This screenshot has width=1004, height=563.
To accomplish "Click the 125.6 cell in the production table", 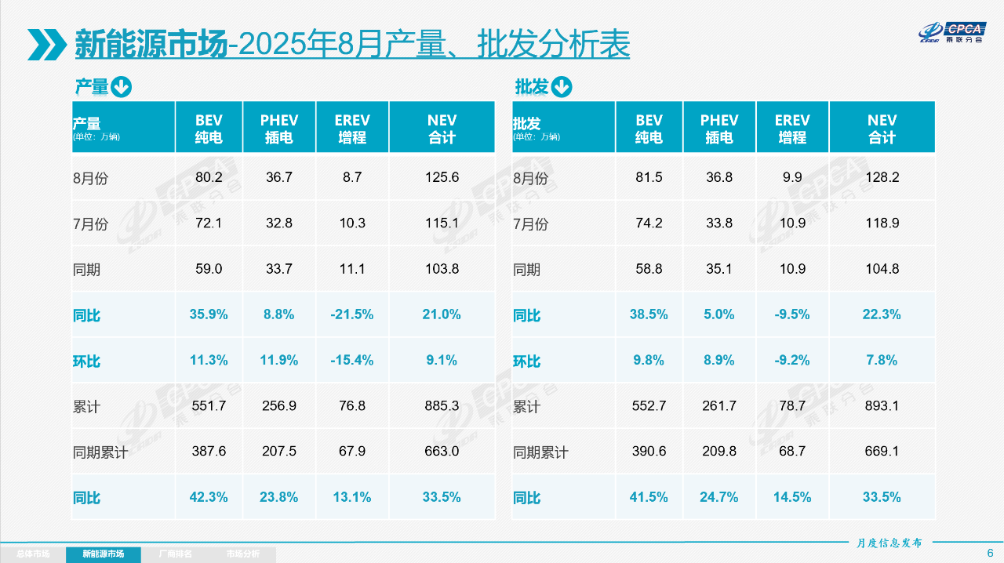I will pyautogui.click(x=442, y=177).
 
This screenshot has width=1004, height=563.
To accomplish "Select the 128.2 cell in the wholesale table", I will pyautogui.click(x=882, y=177).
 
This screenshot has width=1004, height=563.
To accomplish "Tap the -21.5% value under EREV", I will pyautogui.click(x=352, y=314).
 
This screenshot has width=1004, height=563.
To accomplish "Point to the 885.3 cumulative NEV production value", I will pyautogui.click(x=442, y=406).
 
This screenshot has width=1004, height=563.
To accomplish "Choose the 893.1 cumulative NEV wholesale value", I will pyautogui.click(x=882, y=406).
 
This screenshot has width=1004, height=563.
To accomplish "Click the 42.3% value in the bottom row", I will pyautogui.click(x=209, y=497).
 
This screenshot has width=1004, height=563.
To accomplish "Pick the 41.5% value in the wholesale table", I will pyautogui.click(x=649, y=497).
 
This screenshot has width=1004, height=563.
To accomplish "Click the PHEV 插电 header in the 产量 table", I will pyautogui.click(x=279, y=129).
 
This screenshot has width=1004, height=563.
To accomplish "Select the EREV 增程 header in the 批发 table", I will pyautogui.click(x=792, y=129).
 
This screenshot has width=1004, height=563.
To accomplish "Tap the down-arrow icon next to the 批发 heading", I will pyautogui.click(x=562, y=87).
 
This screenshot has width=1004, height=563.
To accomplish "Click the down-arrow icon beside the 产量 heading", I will pyautogui.click(x=121, y=87).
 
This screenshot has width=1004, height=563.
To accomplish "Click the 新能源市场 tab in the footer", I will pyautogui.click(x=104, y=554).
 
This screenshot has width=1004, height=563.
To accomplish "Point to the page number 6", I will pyautogui.click(x=990, y=553).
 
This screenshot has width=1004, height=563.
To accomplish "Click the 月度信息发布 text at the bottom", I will pyautogui.click(x=889, y=543).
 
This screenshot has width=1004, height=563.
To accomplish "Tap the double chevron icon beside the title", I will pyautogui.click(x=46, y=45).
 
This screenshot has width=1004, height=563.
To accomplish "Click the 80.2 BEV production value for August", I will pyautogui.click(x=209, y=177).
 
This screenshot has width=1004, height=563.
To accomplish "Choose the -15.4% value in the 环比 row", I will pyautogui.click(x=352, y=361).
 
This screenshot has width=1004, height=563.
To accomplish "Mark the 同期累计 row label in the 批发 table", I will pyautogui.click(x=540, y=453).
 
